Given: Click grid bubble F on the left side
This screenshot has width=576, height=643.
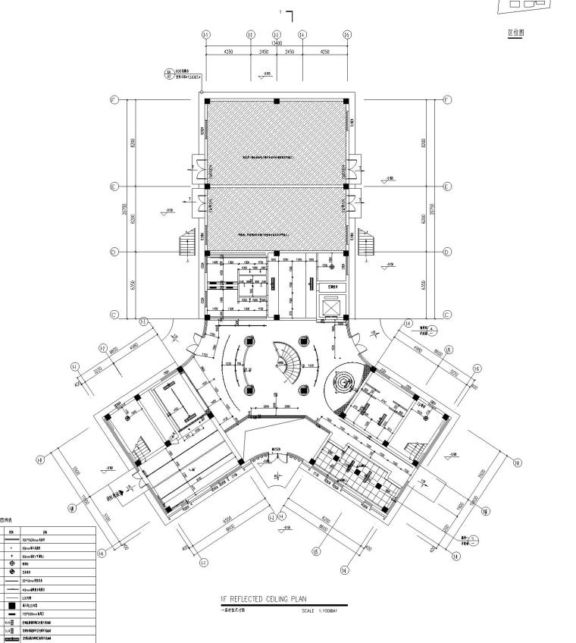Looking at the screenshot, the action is (x=114, y=100).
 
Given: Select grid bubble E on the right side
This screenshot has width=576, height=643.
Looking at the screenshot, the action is (x=447, y=187).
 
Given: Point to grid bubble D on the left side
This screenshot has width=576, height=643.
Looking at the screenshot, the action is (x=114, y=252).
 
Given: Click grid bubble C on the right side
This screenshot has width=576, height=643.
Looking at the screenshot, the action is (x=447, y=315).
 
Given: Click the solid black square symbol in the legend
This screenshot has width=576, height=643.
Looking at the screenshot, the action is (x=11, y=606).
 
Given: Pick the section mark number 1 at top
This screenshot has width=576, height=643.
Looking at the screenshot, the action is (x=280, y=12).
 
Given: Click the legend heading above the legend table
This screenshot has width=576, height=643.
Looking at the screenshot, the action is (x=7, y=520).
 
